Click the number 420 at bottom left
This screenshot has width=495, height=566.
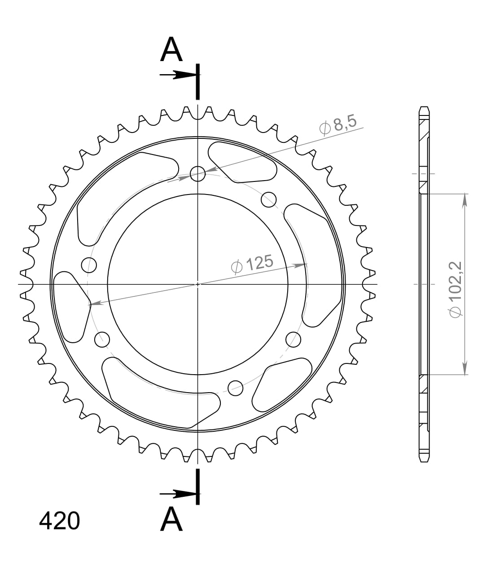(x=60, y=521)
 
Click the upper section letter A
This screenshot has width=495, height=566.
(x=171, y=50)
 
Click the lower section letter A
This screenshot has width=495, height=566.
(x=171, y=520)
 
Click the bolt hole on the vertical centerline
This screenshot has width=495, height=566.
(x=197, y=173)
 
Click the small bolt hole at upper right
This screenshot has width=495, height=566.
(x=268, y=199)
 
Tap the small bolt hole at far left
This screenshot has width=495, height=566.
(x=89, y=265)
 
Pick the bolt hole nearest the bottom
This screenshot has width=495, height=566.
(x=236, y=387)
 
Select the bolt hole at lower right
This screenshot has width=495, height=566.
(x=293, y=339)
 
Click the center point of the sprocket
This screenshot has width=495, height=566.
(x=197, y=284)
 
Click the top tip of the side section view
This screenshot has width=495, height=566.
(x=424, y=108)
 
